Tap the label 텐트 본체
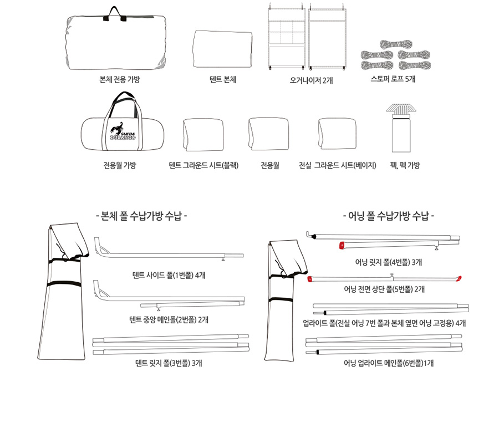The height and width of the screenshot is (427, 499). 223,79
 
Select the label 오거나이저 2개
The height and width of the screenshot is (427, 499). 311,80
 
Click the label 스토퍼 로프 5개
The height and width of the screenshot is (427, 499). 393,79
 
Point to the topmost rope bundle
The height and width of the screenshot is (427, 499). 396,44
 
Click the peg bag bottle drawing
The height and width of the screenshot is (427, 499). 401,128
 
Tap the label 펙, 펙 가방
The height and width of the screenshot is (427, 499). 405,165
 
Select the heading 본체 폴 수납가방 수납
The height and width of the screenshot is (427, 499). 141,216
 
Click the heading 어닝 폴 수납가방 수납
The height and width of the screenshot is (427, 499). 389,216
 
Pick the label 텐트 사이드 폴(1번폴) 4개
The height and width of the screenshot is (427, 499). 169,275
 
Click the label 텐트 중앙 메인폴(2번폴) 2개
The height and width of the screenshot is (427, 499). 169,319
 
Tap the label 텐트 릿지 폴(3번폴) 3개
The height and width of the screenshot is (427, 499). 169,363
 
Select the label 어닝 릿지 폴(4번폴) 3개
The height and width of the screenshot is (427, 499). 388,262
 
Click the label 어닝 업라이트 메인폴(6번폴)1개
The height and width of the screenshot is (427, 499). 388,363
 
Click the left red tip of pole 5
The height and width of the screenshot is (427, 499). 310,279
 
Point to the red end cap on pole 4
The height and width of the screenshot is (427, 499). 342,246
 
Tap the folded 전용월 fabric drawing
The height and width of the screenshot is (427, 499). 268,134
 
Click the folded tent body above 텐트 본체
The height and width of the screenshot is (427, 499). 222,49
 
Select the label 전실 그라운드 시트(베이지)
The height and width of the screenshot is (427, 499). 337,165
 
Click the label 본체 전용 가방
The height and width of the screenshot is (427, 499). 120,79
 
